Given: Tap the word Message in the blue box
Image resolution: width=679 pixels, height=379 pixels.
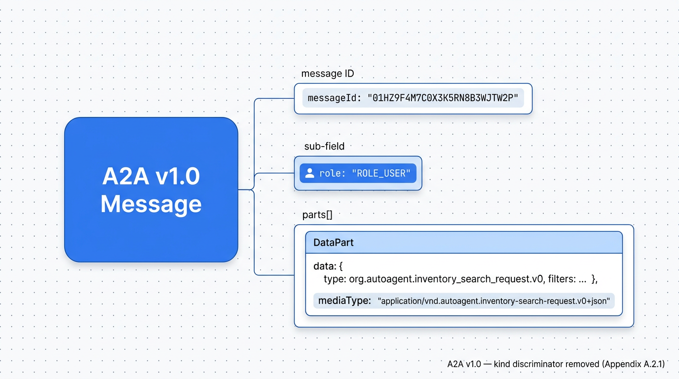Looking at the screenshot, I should pyautogui.click(x=151, y=204).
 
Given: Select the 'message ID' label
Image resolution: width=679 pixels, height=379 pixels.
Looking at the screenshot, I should pyautogui.click(x=327, y=74).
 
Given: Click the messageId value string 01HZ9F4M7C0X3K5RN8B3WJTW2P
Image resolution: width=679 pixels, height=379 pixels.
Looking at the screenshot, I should pyautogui.click(x=443, y=98).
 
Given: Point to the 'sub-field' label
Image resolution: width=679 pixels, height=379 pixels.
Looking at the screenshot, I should pyautogui.click(x=324, y=147).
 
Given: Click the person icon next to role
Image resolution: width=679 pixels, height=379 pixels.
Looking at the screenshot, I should pyautogui.click(x=309, y=173).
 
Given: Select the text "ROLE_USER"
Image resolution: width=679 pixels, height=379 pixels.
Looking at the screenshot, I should pyautogui.click(x=380, y=173).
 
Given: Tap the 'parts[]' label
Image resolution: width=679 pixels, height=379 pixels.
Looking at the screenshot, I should pyautogui.click(x=317, y=215).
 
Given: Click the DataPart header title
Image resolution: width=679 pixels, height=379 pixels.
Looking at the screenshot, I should pyautogui.click(x=333, y=243).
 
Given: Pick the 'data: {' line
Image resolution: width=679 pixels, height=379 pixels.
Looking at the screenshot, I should pyautogui.click(x=328, y=266).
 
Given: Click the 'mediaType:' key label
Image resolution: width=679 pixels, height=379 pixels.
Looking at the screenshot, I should pyautogui.click(x=344, y=301).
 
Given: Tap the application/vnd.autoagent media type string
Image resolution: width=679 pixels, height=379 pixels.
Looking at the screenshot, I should pyautogui.click(x=493, y=301).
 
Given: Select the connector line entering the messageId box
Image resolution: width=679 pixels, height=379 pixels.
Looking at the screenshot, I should pyautogui.click(x=274, y=99).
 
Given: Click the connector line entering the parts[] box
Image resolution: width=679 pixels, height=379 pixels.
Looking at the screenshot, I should pyautogui.click(x=274, y=275).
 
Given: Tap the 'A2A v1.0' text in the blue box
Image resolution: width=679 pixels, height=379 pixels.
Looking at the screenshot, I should pyautogui.click(x=151, y=176).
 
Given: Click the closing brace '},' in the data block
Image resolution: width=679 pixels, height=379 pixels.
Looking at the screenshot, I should pyautogui.click(x=594, y=279).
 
